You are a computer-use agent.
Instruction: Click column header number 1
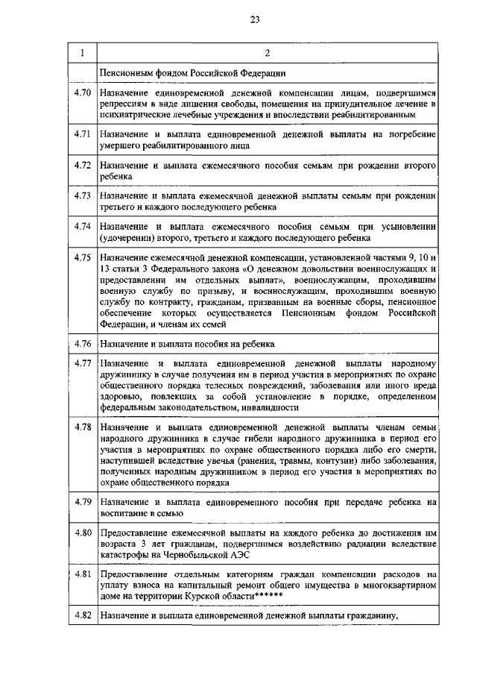tap(82, 52)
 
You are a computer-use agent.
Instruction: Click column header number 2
tap(267, 52)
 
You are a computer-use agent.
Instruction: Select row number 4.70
tap(83, 92)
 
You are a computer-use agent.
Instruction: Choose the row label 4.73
tap(83, 195)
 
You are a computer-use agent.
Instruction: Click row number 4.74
tap(83, 225)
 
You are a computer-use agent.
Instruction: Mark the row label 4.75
tap(83, 257)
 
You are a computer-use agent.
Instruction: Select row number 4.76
tap(83, 344)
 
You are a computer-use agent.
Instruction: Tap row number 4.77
tap(83, 363)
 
